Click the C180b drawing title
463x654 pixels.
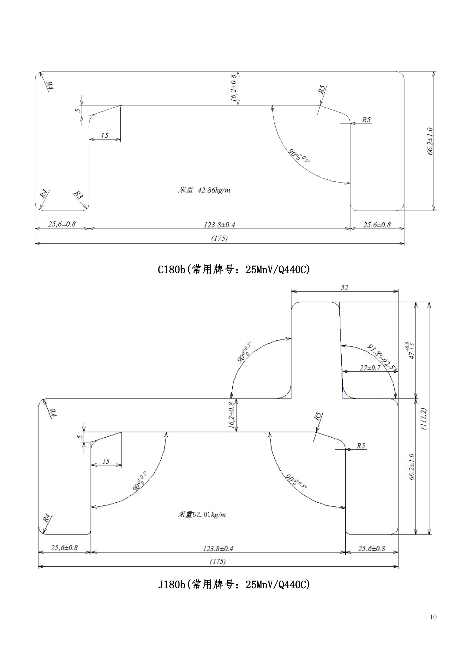coord(234,269)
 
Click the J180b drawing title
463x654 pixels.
coord(234,584)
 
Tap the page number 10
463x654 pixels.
coord(433,617)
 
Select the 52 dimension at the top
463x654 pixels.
coord(344,288)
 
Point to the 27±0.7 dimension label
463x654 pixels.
coord(370,368)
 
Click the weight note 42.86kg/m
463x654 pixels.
coord(204,190)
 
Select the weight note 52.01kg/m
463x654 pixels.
coord(202,515)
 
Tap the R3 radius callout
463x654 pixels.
coord(78,195)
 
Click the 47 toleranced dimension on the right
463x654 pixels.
coord(410,350)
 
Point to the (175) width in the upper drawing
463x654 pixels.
coord(219,238)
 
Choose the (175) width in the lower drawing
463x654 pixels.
coord(218,561)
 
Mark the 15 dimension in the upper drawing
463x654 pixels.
coord(105,135)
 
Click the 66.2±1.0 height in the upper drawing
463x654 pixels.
coord(430,141)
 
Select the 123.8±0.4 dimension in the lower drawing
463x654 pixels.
coord(218,548)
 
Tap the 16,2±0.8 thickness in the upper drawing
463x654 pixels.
coord(233,88)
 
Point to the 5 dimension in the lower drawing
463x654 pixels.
coord(79,437)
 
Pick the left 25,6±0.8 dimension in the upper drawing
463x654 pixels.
coord(62,224)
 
